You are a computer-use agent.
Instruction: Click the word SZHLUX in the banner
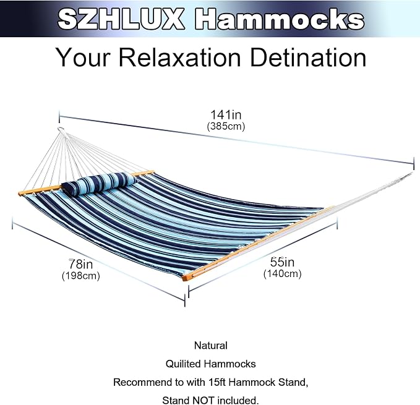[121, 19]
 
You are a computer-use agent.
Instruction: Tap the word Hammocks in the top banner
[280, 19]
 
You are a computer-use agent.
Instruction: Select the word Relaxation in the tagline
[180, 58]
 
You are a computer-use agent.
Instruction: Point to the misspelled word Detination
[308, 58]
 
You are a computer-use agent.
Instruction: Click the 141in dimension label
[226, 114]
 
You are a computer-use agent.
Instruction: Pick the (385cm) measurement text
[226, 126]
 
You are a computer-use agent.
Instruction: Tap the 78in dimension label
[80, 264]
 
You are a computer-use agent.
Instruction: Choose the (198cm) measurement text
[80, 275]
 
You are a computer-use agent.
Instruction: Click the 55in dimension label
[282, 262]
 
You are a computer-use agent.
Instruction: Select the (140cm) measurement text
[282, 273]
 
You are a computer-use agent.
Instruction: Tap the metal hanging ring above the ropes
[61, 130]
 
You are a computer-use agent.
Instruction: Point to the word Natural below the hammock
[211, 345]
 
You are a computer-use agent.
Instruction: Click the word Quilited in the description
[183, 364]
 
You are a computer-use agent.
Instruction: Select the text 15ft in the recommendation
[216, 382]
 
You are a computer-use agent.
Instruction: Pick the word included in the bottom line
[238, 401]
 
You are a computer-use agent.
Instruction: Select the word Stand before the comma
[293, 382]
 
